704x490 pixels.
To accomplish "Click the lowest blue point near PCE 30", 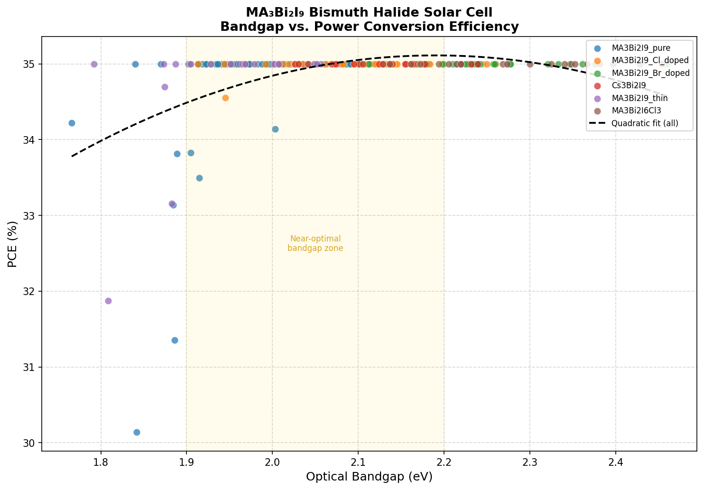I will click(x=137, y=432).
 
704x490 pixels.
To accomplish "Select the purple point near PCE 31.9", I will click(x=108, y=301).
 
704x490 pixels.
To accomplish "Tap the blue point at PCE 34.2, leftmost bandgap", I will click(x=72, y=123).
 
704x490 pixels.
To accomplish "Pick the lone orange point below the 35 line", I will click(x=225, y=98).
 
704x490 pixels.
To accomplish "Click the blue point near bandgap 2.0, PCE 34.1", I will click(x=275, y=129).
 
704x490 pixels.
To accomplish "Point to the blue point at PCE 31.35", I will click(x=175, y=340).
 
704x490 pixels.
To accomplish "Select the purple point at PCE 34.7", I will click(x=165, y=87).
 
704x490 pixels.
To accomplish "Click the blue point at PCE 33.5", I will click(x=199, y=178).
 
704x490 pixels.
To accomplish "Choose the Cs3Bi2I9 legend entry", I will click(x=629, y=85).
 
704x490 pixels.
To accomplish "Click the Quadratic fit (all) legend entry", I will click(x=645, y=123).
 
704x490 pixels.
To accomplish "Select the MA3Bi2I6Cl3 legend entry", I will click(x=635, y=111).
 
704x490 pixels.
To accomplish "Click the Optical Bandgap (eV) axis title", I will click(x=369, y=477).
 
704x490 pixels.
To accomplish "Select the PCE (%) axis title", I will click(x=13, y=244).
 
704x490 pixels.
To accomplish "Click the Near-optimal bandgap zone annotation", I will click(x=315, y=243).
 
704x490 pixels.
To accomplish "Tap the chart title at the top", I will click(x=369, y=19).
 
